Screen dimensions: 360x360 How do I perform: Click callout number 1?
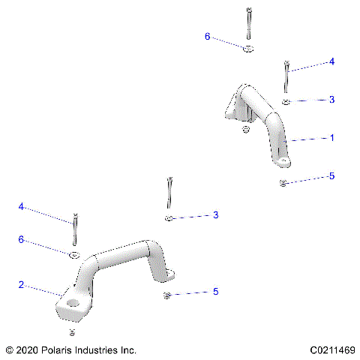click(331, 139)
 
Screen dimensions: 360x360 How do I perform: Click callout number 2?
click(22, 285)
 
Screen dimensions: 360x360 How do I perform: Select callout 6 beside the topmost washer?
click(208, 36)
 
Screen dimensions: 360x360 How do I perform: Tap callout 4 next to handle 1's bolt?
click(331, 62)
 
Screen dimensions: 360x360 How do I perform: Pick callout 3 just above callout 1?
click(331, 100)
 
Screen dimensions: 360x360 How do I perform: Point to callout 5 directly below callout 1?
click(331, 177)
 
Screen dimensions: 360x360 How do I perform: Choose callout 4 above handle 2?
click(22, 206)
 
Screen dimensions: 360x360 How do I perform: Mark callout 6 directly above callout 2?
click(22, 239)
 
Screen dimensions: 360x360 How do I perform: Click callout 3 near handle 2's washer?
click(215, 215)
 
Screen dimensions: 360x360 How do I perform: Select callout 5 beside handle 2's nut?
click(215, 291)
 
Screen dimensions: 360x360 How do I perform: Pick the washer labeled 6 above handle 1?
click(248, 49)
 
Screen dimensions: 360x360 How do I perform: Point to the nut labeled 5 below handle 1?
click(283, 183)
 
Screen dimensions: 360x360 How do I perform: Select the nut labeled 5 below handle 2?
click(167, 295)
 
